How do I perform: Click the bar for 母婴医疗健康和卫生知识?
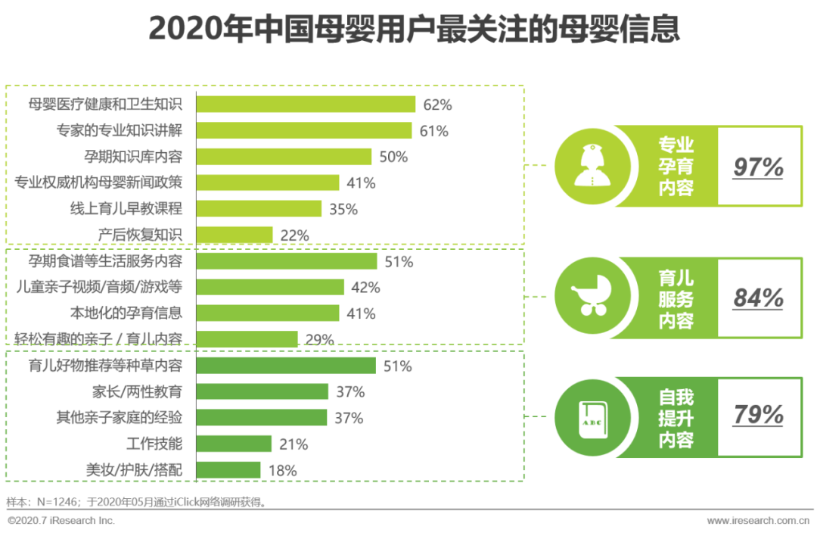click(306, 104)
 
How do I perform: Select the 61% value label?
click(433, 131)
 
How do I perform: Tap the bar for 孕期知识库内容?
click(284, 157)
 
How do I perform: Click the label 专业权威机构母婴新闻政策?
click(100, 182)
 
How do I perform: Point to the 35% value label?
click(343, 209)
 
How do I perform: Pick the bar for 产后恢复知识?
click(235, 235)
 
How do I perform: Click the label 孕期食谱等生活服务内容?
click(105, 261)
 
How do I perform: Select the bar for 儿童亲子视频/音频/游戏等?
click(270, 287)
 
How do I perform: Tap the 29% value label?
click(319, 340)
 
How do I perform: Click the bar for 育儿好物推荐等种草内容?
click(286, 366)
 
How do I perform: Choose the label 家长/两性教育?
click(136, 391)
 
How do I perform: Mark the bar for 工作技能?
click(234, 444)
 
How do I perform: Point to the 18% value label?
click(282, 470)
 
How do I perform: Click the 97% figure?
click(758, 167)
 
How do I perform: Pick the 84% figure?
click(758, 298)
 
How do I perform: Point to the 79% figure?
click(758, 416)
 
